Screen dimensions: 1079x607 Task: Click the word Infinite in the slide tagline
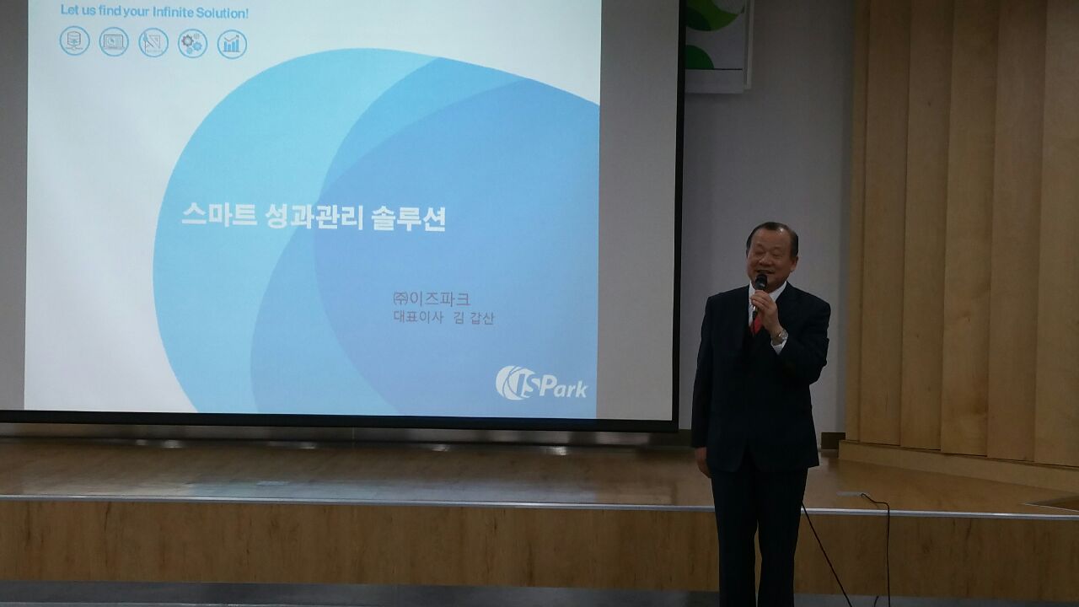click(x=171, y=13)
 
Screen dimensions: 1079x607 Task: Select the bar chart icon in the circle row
click(x=232, y=44)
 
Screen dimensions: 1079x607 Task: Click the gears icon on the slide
click(x=193, y=43)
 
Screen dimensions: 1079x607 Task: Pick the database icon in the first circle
click(x=75, y=41)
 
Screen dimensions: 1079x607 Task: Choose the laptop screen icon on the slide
click(x=114, y=42)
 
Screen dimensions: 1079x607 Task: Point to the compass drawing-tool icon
click(x=153, y=42)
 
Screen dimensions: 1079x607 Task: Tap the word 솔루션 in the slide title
click(x=409, y=219)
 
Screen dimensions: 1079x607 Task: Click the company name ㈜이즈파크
click(x=431, y=299)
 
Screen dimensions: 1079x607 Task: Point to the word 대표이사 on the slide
click(x=417, y=318)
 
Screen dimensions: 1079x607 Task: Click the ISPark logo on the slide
click(x=541, y=383)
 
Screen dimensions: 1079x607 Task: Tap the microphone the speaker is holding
click(x=759, y=293)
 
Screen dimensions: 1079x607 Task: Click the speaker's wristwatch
click(x=780, y=336)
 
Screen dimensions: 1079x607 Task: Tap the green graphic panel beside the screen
click(x=717, y=43)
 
